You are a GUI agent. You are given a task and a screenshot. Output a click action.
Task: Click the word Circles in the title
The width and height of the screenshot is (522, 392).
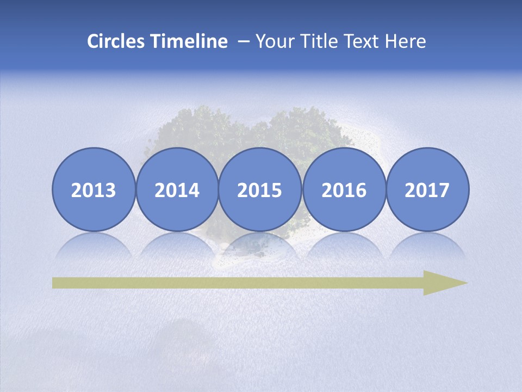115,41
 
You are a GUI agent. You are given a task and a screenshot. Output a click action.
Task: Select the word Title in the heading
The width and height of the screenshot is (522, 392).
316,41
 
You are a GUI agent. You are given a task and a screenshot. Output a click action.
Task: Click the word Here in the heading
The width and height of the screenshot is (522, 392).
406,41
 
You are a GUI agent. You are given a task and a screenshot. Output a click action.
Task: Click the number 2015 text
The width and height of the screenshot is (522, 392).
260,191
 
